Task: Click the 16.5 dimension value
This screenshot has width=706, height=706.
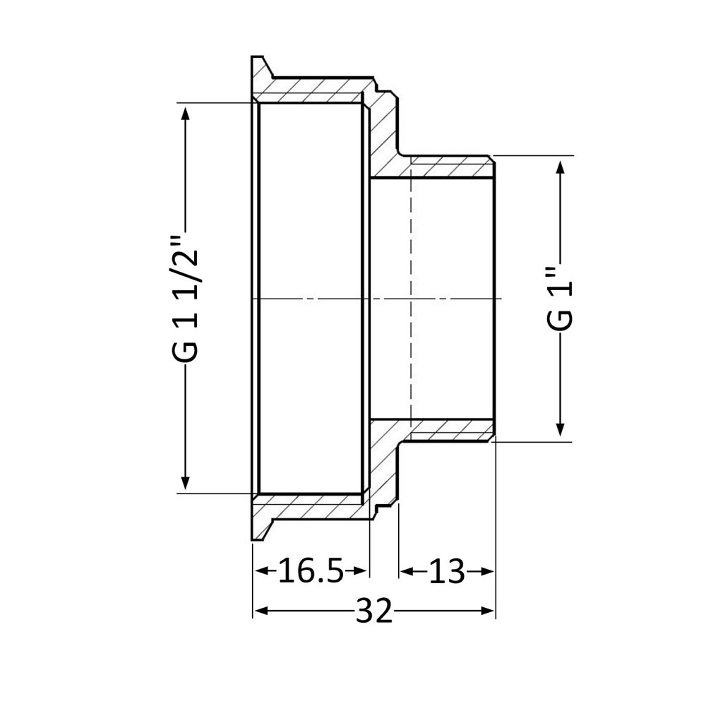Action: click(x=311, y=570)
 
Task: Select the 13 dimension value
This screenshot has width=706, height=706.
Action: click(x=447, y=571)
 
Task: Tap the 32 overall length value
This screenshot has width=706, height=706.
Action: click(x=374, y=611)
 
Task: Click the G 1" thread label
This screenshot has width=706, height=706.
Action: click(x=560, y=299)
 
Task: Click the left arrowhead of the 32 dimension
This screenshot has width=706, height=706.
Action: click(x=261, y=611)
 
